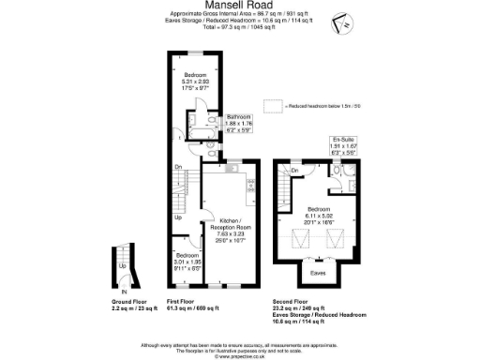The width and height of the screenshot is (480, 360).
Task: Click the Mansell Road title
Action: point(239,6)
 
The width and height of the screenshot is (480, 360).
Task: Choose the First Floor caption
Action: point(185,304)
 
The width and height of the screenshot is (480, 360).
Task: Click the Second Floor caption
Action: point(289,304)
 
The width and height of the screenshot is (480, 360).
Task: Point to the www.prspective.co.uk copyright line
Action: point(239,356)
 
